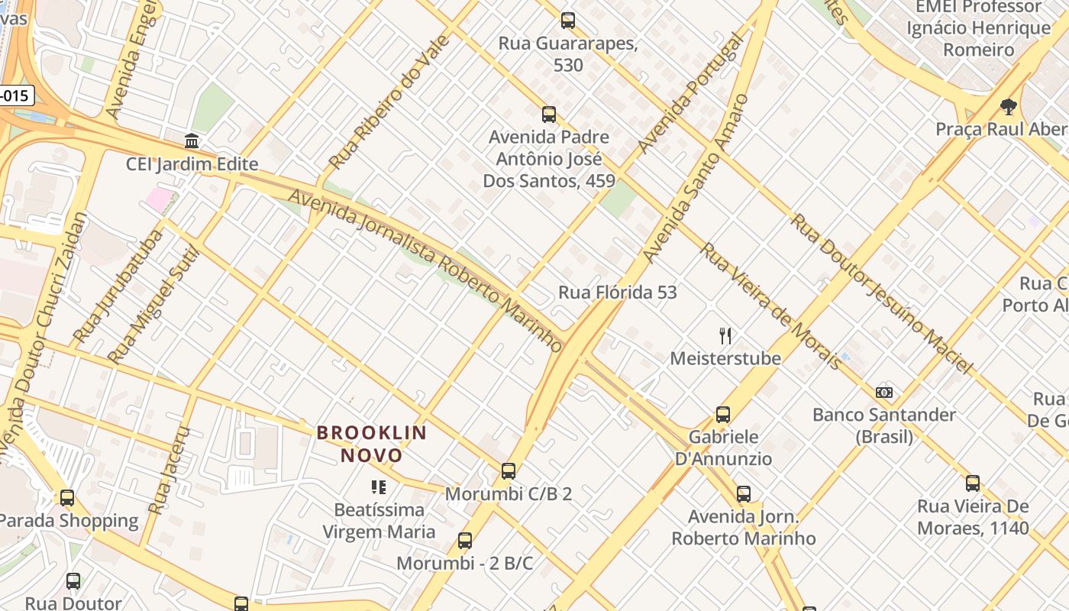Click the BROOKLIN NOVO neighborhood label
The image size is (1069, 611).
[372, 444]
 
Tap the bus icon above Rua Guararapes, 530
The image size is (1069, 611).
[567, 21]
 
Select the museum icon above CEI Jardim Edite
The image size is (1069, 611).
[192, 141]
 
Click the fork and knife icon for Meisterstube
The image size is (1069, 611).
[725, 335]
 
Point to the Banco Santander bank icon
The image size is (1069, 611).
[884, 393]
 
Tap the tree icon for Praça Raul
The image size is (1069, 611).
[1008, 107]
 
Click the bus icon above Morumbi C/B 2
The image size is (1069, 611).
[509, 471]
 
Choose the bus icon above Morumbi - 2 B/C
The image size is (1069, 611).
[464, 541]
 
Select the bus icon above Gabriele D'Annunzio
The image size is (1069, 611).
[722, 415]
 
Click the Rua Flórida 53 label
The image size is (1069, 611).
[617, 293]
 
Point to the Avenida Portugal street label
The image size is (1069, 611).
[690, 93]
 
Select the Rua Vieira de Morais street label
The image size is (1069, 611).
[771, 305]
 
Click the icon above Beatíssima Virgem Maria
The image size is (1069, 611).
[378, 487]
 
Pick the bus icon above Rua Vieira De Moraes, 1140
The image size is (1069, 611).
[972, 483]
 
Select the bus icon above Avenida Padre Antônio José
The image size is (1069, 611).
[548, 115]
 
